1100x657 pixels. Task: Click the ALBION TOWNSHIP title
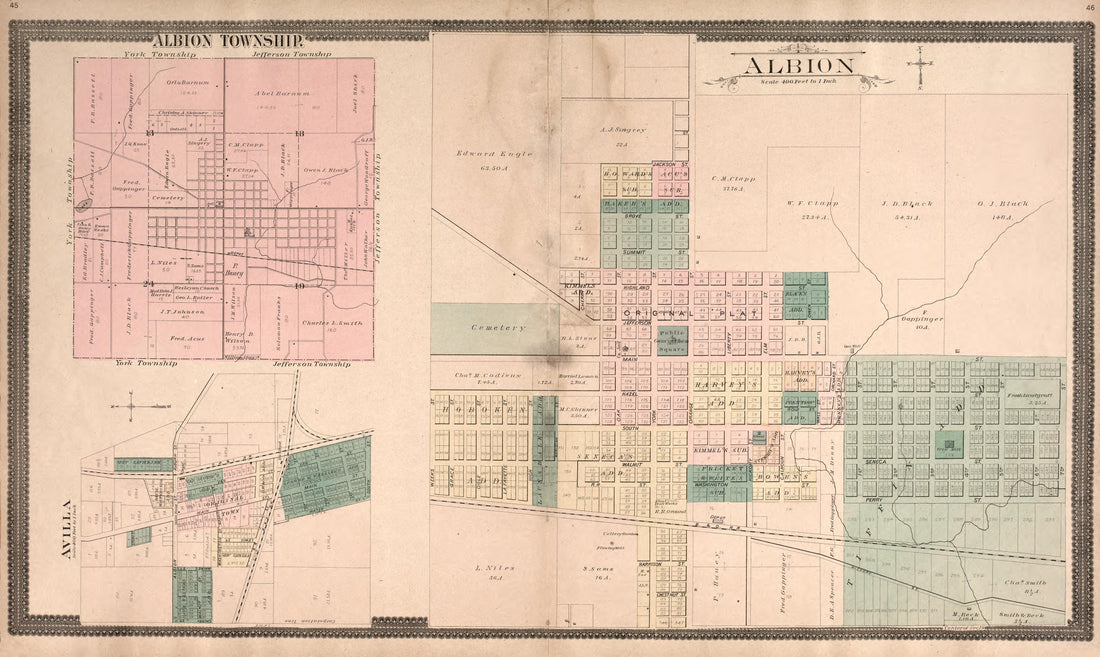coord(226,40)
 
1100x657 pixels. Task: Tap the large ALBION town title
coord(797,66)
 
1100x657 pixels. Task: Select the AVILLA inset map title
coord(66,529)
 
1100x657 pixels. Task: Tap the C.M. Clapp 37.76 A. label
coord(733,183)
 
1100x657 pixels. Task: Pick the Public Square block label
coord(672,337)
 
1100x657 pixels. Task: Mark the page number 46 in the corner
coord(1088,8)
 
